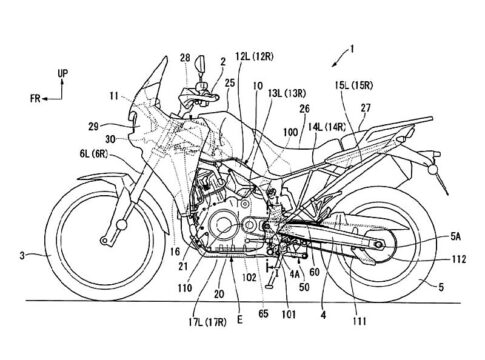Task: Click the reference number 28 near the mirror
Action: pos(185,58)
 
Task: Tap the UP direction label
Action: pos(63,73)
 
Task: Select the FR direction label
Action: pos(35,99)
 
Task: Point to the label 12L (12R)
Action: pos(254,57)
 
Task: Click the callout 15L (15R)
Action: pos(354,86)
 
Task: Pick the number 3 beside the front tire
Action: pos(22,256)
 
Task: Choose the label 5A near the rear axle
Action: pos(456,237)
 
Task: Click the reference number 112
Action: pos(459,259)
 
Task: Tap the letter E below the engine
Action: pos(240,320)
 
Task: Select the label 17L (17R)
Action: pos(207,322)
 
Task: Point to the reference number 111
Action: pos(360,321)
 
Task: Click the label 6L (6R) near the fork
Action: pos(94,154)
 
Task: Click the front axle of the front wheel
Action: pos(121,225)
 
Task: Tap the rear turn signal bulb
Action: pos(432,170)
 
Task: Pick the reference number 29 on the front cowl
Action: pos(94,127)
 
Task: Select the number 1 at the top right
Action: pos(351,50)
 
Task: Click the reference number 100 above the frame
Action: pos(290,132)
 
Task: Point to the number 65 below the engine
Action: pos(263,314)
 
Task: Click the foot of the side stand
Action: pos(269,286)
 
